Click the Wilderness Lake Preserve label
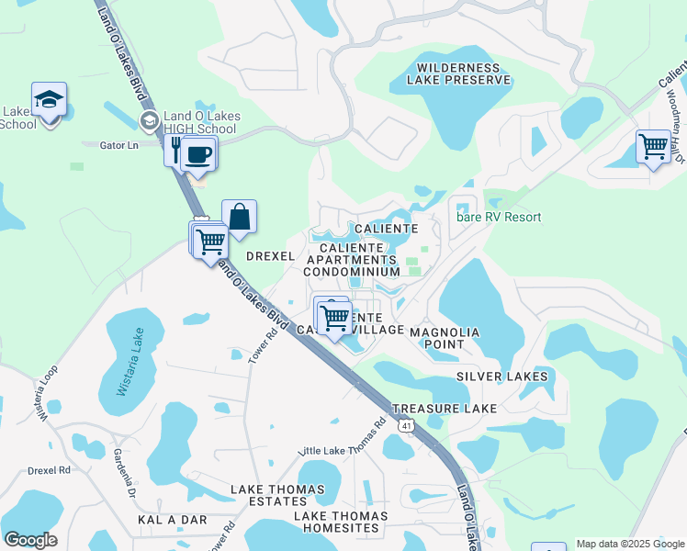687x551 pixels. (463, 73)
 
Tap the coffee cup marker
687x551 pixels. (197, 153)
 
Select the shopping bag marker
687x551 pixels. (239, 217)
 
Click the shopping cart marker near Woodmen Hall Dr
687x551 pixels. (653, 146)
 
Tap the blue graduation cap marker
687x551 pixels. (50, 99)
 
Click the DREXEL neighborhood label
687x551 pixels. (271, 257)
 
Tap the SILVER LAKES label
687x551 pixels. (501, 377)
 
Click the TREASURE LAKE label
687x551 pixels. (444, 408)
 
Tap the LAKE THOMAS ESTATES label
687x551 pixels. (268, 495)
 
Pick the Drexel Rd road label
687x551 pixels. (49, 470)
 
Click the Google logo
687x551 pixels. (30, 540)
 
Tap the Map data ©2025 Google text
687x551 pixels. (629, 544)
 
